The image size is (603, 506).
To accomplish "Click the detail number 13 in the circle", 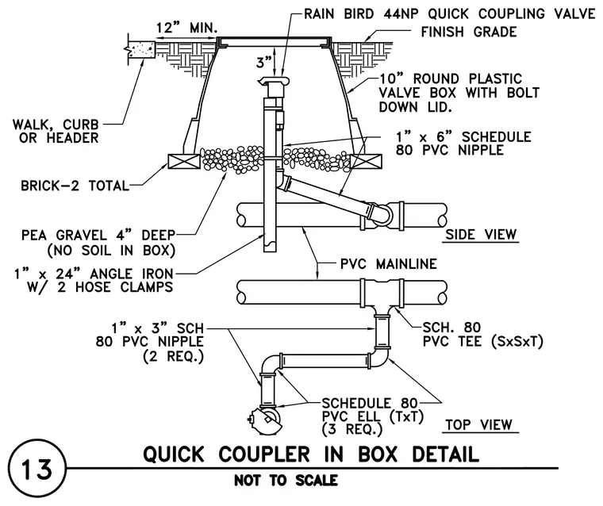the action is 37,469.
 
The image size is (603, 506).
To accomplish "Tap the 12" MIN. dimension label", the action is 187,28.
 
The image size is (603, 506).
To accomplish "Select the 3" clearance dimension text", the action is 263,62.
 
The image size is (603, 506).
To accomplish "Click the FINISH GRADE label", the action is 469,32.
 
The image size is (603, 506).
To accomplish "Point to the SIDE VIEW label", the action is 481,234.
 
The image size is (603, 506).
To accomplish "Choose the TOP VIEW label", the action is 479,424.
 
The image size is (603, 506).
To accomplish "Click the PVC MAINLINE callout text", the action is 389,264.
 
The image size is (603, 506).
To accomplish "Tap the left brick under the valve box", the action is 184,161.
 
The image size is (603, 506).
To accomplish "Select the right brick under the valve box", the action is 366,161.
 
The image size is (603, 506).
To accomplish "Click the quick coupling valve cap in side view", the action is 274,81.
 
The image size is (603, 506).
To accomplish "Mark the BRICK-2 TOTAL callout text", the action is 75,186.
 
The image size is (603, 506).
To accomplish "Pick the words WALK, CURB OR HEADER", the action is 56,131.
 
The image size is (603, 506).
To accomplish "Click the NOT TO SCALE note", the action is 286,481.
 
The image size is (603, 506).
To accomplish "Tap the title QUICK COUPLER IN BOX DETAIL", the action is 311,454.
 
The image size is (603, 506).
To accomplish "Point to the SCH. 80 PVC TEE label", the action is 482,334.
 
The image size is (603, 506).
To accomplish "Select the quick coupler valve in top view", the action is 266,420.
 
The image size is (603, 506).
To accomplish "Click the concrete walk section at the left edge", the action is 141,50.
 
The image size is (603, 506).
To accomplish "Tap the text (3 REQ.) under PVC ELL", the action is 352,429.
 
